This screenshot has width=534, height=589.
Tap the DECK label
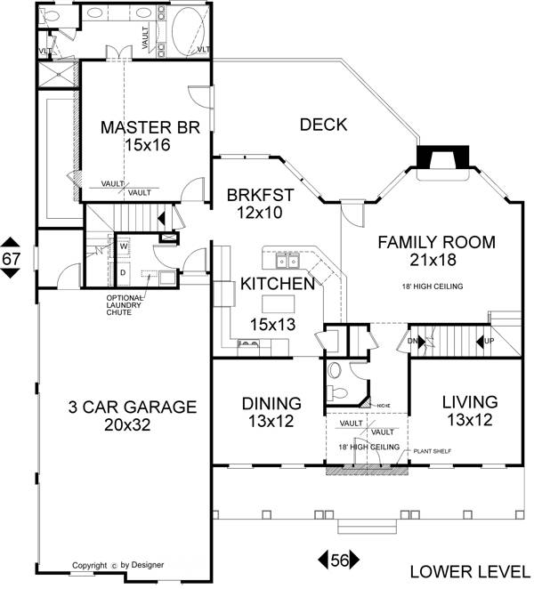322,125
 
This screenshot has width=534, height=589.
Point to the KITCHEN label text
277,285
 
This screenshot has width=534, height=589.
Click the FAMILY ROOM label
436,242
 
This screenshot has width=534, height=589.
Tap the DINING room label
271,403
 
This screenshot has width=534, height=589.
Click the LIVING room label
470,402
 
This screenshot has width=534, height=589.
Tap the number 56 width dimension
339,560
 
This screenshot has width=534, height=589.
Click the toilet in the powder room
336,371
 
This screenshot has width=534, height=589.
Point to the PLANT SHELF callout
431,452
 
